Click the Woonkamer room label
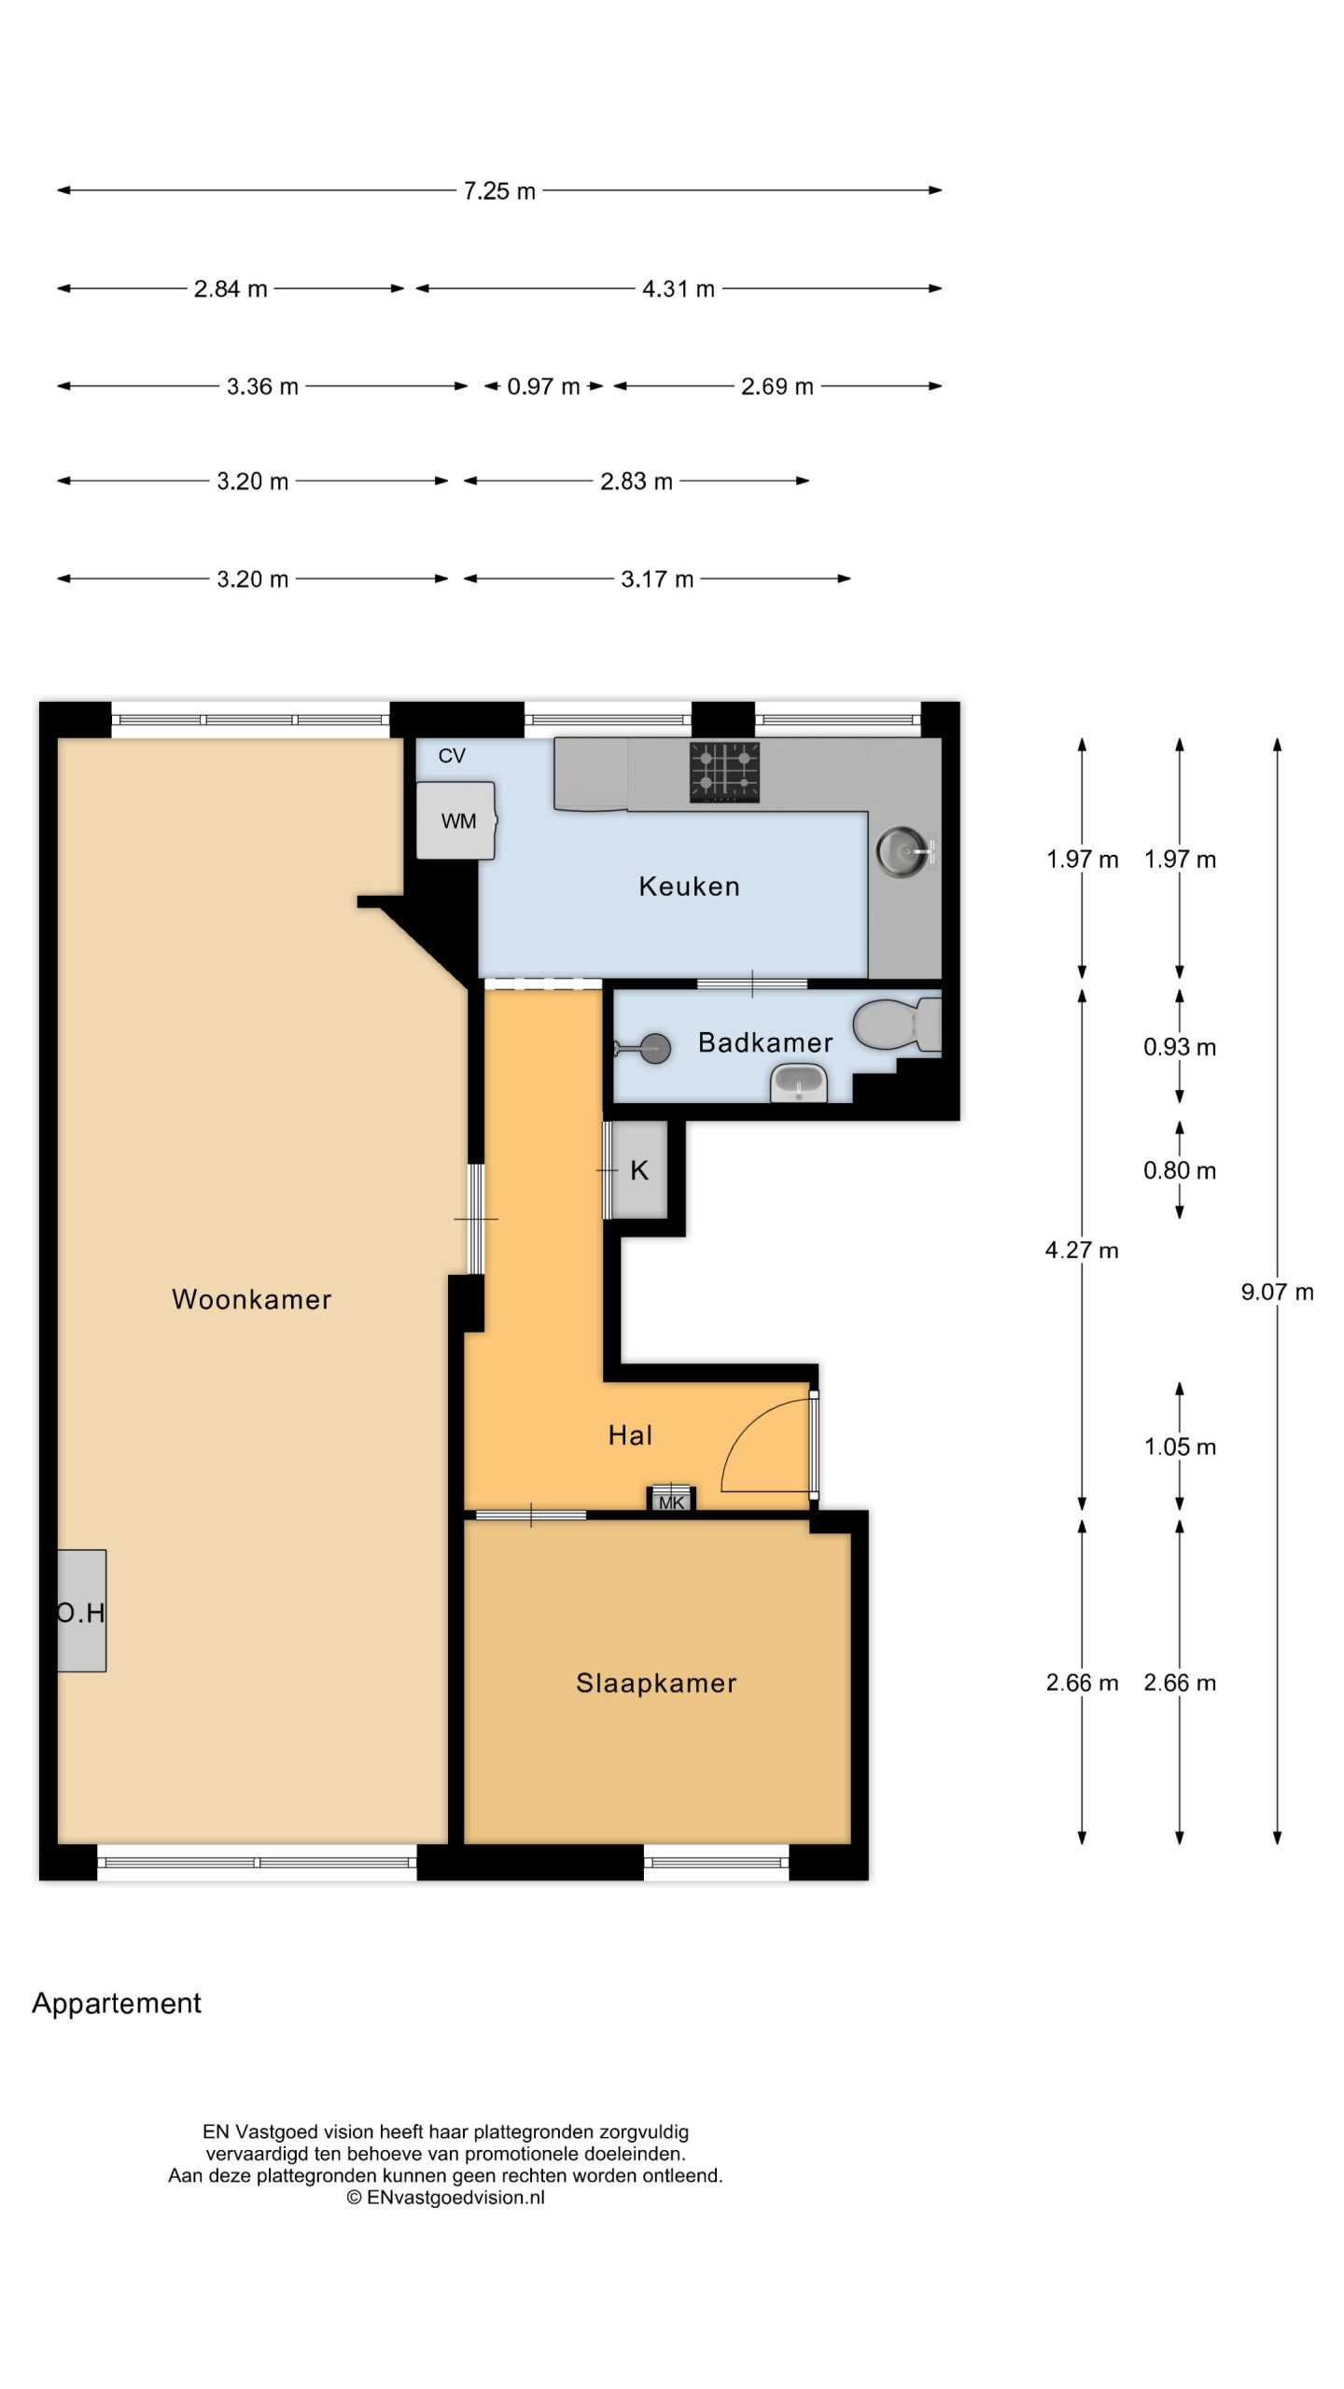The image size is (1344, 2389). tap(252, 1299)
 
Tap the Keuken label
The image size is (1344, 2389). tap(690, 886)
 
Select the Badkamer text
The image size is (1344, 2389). tap(765, 1042)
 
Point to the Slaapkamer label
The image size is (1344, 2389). tap(656, 1683)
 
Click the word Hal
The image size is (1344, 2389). tap(630, 1435)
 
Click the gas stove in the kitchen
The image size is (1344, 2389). tap(724, 772)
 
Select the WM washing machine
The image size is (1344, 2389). tap(456, 820)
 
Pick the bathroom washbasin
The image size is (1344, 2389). tap(799, 1083)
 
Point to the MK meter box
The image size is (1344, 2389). tap(671, 1498)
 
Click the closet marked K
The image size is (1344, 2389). tap(639, 1170)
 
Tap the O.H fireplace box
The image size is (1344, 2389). tap(81, 1611)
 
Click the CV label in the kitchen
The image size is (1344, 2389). tap(452, 756)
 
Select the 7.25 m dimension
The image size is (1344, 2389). tap(499, 190)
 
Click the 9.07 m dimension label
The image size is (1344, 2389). tap(1277, 1292)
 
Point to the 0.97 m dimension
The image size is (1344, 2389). tap(543, 386)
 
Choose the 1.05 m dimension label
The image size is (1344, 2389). tap(1180, 1446)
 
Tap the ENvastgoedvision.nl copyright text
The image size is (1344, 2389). tap(446, 2197)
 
